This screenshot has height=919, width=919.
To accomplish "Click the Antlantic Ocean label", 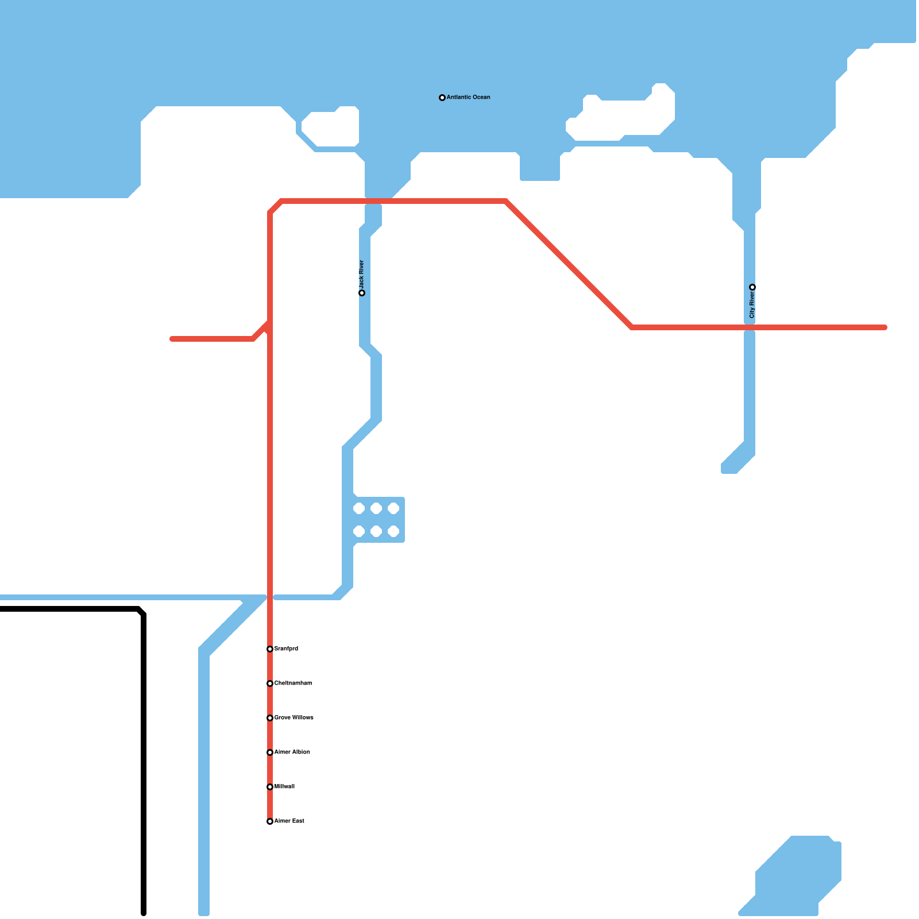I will [468, 97].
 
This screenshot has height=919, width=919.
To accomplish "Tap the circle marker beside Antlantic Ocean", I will [442, 98].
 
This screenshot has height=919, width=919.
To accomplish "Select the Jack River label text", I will [361, 275].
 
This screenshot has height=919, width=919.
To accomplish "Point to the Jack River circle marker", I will [362, 293].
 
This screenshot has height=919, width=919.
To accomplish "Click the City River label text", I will [752, 304].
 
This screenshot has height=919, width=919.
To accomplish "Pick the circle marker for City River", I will [752, 287].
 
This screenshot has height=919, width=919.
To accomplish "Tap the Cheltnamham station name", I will [293, 683].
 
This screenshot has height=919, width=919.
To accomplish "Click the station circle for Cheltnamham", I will [270, 684].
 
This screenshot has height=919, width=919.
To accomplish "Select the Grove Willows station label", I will [294, 717].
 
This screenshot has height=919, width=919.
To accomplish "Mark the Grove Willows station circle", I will [270, 718].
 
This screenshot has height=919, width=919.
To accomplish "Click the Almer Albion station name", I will [292, 752].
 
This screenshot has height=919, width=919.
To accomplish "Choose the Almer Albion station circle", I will [270, 752].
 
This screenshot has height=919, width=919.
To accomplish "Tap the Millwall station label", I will [284, 786].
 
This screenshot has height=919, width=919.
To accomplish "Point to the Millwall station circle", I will [270, 787].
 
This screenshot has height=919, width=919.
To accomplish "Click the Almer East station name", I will [289, 821].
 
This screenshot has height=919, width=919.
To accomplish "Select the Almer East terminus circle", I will [270, 821].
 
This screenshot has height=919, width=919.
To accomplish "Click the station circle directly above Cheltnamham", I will [270, 649].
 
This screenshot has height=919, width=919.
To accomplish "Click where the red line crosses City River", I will [750, 327].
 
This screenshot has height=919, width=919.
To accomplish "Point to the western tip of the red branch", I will [172, 339].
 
